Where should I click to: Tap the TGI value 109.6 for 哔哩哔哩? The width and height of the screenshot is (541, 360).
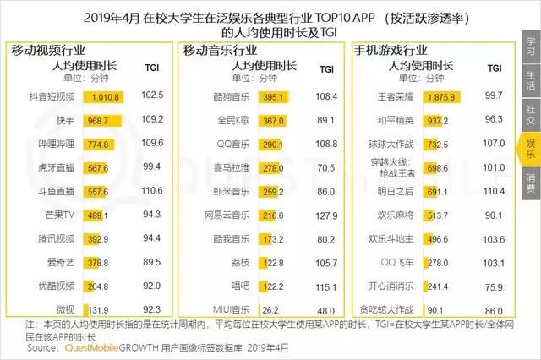[x=153, y=145]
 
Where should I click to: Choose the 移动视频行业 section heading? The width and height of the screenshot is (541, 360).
[x=49, y=49]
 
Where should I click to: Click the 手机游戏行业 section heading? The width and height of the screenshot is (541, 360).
[x=390, y=49]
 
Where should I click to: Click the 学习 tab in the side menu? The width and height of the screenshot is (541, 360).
[x=530, y=43]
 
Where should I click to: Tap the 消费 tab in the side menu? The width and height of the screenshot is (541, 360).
[x=530, y=182]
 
